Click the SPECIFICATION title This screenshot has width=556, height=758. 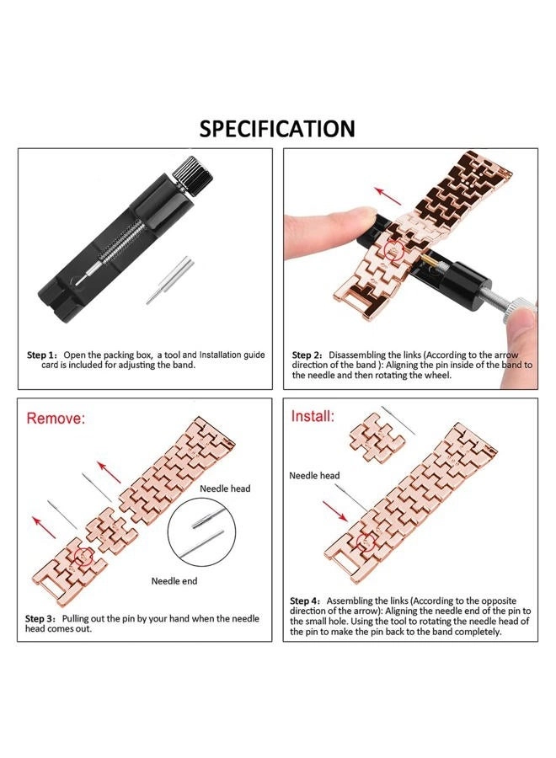click(x=277, y=128)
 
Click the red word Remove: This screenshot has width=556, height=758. click(x=56, y=418)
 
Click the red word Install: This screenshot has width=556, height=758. click(x=313, y=416)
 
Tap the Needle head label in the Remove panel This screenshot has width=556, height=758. click(x=224, y=488)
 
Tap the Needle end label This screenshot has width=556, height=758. click(x=175, y=581)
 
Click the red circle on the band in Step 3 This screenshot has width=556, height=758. click(x=83, y=557)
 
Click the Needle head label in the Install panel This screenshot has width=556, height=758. click(x=314, y=476)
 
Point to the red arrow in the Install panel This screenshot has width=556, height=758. click(x=336, y=510)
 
